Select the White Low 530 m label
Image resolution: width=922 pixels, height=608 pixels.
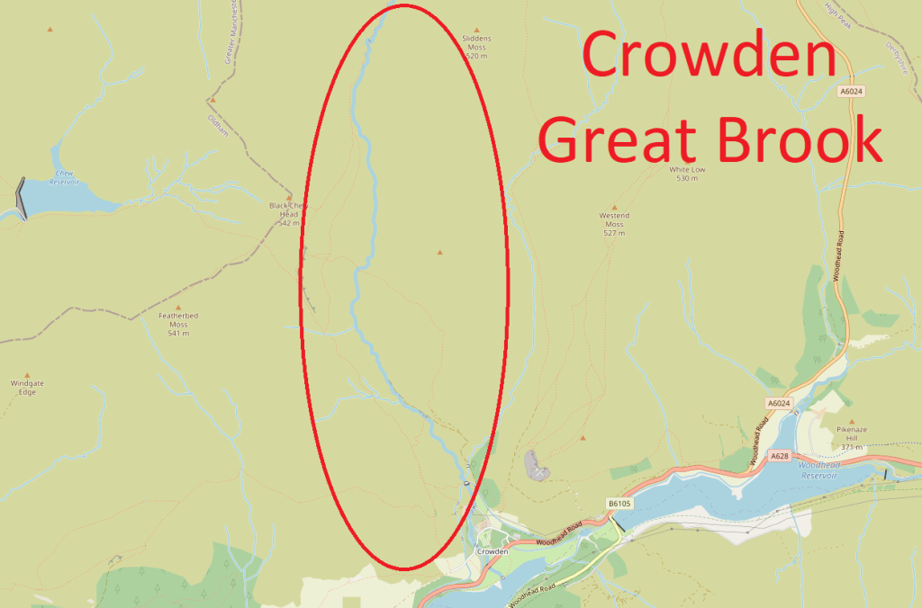pos(688,174)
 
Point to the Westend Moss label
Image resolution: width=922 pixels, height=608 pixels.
pos(614,224)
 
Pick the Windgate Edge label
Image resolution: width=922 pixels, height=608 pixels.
pos(27,388)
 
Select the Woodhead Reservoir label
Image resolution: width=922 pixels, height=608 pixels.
pos(818,469)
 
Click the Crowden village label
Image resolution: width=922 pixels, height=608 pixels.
pos(493,551)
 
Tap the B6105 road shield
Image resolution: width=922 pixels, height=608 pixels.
pos(618,504)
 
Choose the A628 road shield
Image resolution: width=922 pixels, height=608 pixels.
pos(779,457)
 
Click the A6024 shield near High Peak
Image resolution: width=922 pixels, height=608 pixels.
pos(850,92)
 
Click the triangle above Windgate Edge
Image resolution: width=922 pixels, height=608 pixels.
pos(27,374)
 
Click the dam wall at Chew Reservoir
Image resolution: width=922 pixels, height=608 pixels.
pos(22,198)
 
